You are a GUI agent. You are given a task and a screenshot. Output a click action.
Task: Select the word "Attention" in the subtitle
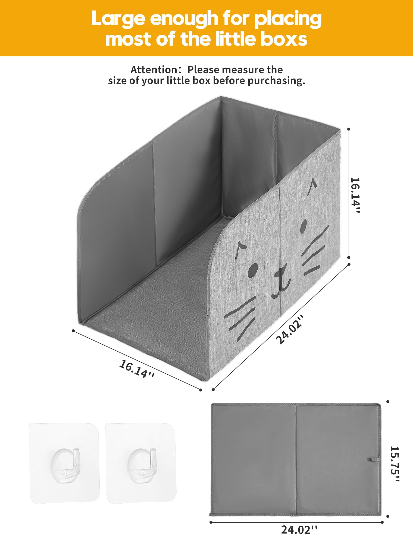pos(154,70)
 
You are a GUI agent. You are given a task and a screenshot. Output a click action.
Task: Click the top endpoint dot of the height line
pos(349,129)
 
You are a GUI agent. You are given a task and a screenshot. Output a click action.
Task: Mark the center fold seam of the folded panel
pos(296,459)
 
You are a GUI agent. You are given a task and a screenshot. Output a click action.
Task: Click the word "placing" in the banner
pos(288,19)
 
